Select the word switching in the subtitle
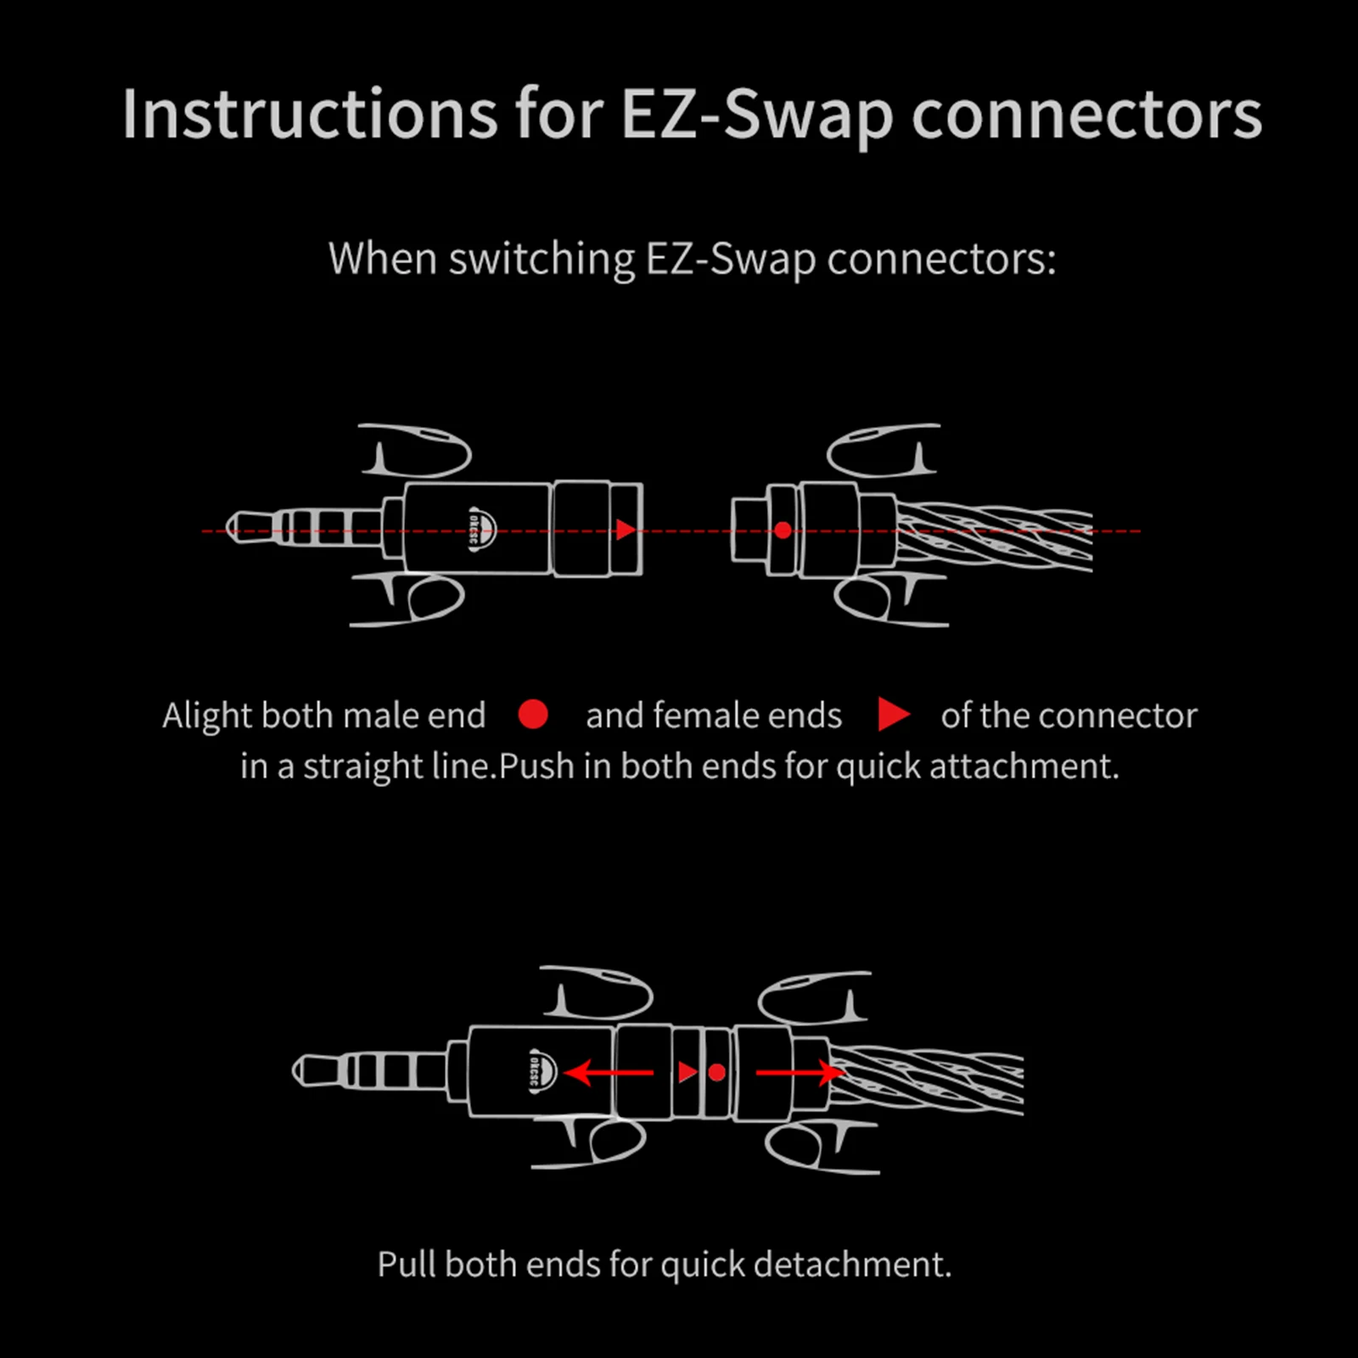click(x=542, y=258)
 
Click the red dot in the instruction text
click(x=533, y=715)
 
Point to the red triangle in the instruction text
click(x=892, y=715)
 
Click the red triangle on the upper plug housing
click(x=626, y=530)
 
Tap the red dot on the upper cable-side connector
click(x=783, y=530)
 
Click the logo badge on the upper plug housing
click(x=481, y=530)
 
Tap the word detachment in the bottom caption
click(x=851, y=1264)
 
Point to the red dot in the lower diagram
click(x=717, y=1073)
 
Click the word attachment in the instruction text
click(x=1024, y=766)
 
